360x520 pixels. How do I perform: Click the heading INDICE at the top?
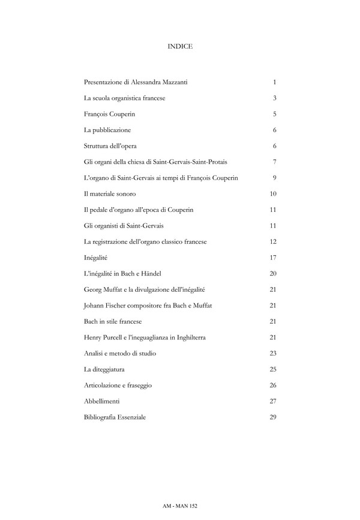[x=180, y=46]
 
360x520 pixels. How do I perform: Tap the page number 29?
[x=273, y=417]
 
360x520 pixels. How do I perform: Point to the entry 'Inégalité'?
[x=95, y=258]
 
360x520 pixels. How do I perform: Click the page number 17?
[x=273, y=258]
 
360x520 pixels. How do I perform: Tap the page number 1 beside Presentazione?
[x=274, y=82]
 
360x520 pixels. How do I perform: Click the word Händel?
[x=148, y=273]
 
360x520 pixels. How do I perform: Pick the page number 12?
[x=273, y=241]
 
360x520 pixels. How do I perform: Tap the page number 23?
[x=273, y=353]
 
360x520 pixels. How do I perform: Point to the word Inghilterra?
[x=189, y=337]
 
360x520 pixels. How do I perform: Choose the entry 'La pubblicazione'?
[x=107, y=130]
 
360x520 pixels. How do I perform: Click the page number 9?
[x=274, y=178]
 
